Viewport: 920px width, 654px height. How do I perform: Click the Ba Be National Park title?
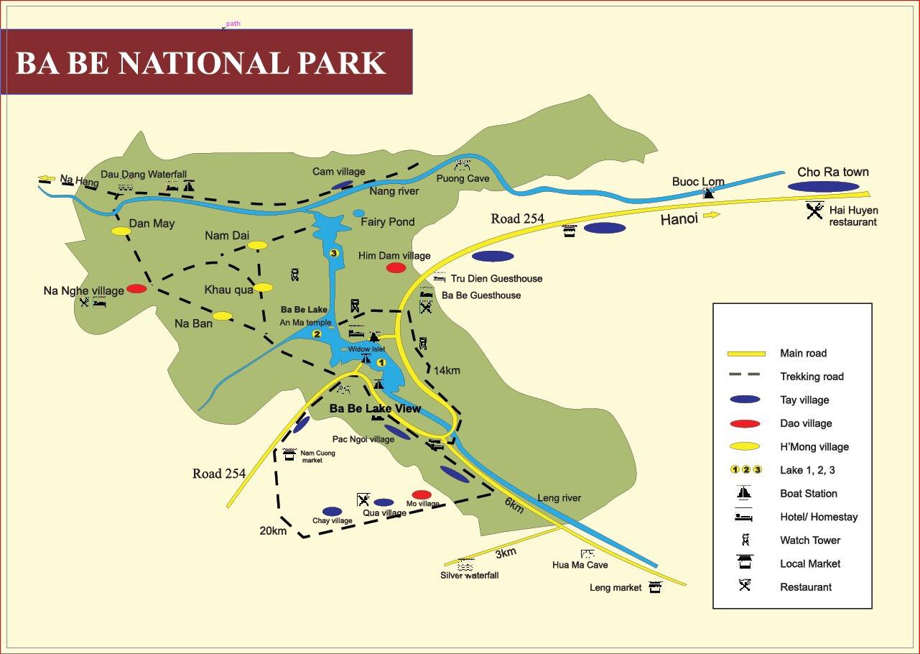pyautogui.click(x=201, y=63)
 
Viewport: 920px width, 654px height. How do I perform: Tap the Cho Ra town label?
pyautogui.click(x=832, y=172)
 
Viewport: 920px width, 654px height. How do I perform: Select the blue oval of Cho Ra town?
pyautogui.click(x=823, y=187)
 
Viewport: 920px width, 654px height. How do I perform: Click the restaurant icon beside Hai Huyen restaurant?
pyautogui.click(x=814, y=211)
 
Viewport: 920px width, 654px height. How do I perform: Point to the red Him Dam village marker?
pyautogui.click(x=396, y=268)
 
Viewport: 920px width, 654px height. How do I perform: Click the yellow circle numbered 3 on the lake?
pyautogui.click(x=333, y=253)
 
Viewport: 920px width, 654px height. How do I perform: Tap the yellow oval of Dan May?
pyautogui.click(x=121, y=231)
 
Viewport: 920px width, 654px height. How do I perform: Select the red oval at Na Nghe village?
pyautogui.click(x=136, y=289)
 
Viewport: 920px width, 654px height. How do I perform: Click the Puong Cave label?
pyautogui.click(x=463, y=178)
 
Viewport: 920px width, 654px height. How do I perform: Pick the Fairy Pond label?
pyautogui.click(x=387, y=222)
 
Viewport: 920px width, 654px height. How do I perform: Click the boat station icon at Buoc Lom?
pyautogui.click(x=709, y=193)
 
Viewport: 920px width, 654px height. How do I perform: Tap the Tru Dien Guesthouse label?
pyautogui.click(x=496, y=279)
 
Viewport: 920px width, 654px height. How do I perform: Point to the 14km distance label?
pyautogui.click(x=447, y=371)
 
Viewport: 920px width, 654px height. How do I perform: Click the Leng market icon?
pyautogui.click(x=654, y=587)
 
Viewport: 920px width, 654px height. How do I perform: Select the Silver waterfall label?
pyautogui.click(x=469, y=575)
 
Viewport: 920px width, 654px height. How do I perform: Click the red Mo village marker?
pyautogui.click(x=422, y=494)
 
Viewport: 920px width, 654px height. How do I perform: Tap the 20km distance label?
pyautogui.click(x=273, y=531)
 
